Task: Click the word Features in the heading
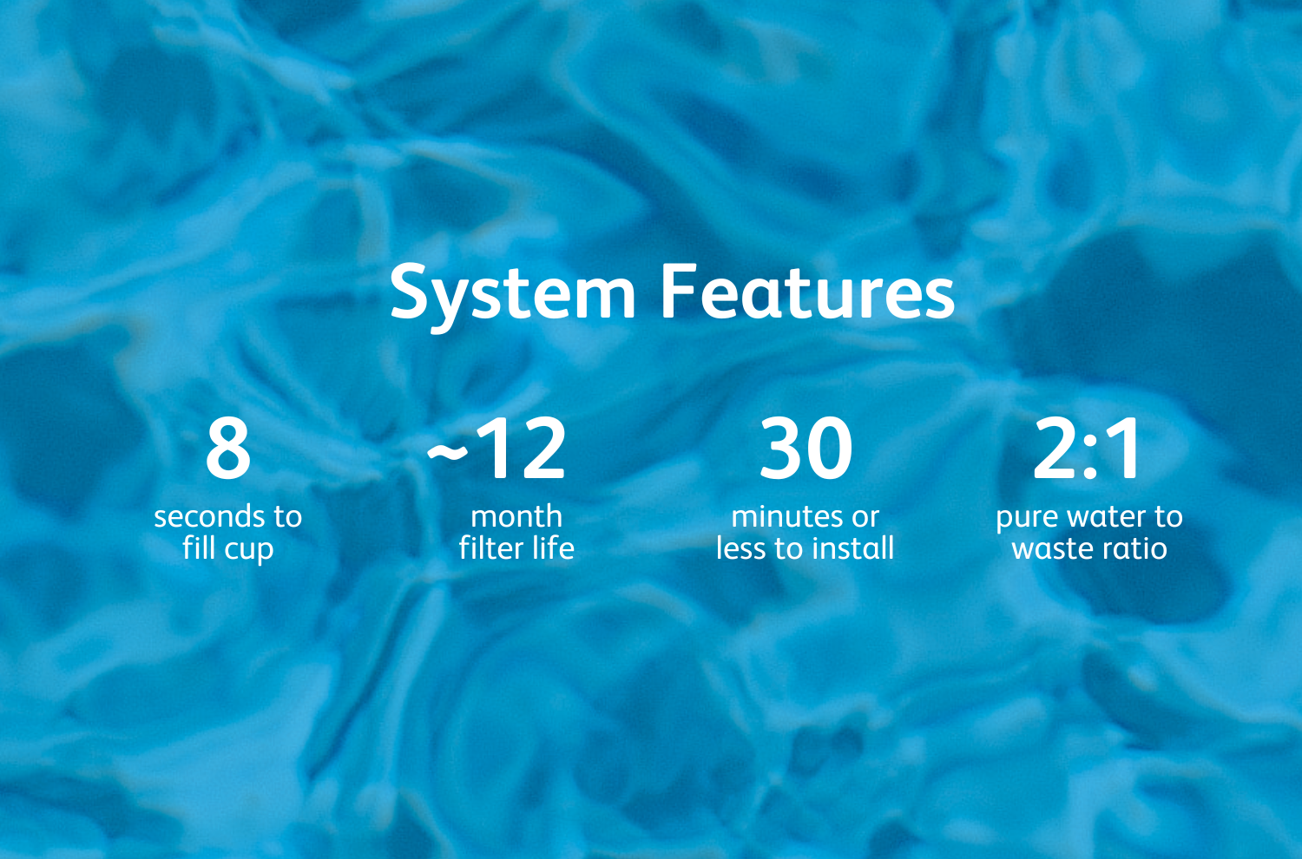point(808,292)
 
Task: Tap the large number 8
point(228,448)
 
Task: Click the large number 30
point(806,448)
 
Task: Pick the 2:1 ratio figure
point(1087,448)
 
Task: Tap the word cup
point(248,550)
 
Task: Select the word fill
point(199,548)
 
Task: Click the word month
point(516,516)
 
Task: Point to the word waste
point(1051,549)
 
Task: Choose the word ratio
point(1133,548)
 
